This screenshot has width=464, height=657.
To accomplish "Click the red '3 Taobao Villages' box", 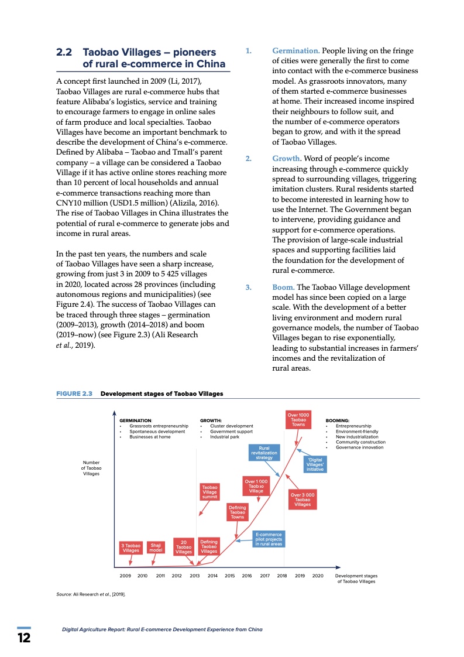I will coord(130,547).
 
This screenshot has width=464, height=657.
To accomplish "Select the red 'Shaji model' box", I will coord(156,547).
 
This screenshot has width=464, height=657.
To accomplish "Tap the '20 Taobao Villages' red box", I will coord(184,546).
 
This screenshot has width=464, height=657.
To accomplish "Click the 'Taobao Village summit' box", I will coord(209,492).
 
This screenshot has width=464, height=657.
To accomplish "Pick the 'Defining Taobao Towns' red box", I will coord(237,512).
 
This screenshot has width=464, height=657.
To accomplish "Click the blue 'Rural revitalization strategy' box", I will coord(264,453).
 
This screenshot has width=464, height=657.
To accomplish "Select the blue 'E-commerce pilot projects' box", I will coord(269,539).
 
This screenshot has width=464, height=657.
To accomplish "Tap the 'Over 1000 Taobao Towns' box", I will coord(298,420).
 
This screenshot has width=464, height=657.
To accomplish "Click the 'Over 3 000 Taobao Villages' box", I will coord(303,499).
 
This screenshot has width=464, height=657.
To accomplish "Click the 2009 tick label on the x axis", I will coord(125,576).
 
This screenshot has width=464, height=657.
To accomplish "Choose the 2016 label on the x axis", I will coord(247,576).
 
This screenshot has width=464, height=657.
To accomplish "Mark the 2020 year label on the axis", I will coord(318,576).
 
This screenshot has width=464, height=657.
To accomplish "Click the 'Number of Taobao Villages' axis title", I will coord(92,468).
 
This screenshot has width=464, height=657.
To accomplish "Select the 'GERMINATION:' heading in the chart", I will coord(136,420).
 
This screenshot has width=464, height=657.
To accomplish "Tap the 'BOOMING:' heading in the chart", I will coord(338,420).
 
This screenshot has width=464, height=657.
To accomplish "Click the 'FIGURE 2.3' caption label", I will coord(74,393).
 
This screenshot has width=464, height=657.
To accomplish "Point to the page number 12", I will coord(24,638).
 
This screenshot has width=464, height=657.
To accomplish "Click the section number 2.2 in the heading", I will coord(64,52).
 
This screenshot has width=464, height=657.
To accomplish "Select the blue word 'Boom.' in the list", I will coord(283,287).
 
